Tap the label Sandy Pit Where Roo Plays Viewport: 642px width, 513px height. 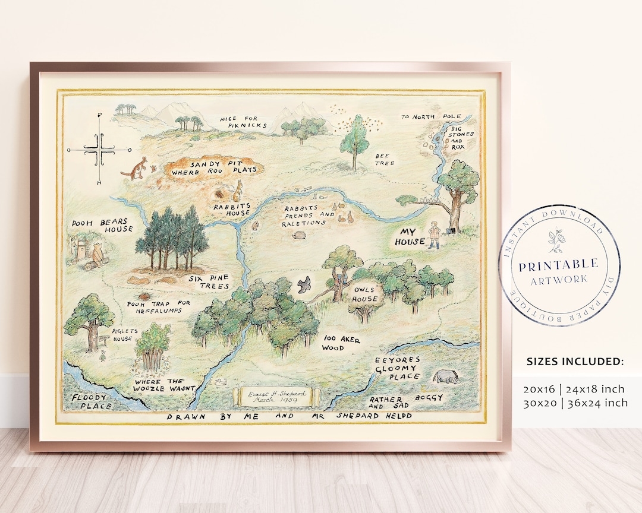pyautogui.click(x=215, y=166)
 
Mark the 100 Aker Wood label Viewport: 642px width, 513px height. pyautogui.click(x=342, y=344)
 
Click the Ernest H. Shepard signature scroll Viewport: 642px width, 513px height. pyautogui.click(x=274, y=397)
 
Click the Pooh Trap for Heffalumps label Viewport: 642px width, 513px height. pyautogui.click(x=159, y=306)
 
